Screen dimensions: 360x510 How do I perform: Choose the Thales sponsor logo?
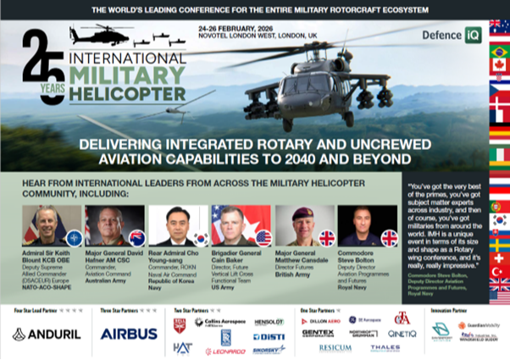[385, 347]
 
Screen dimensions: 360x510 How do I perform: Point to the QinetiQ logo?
[402, 333]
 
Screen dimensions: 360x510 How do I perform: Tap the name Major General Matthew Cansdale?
[301, 257]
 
